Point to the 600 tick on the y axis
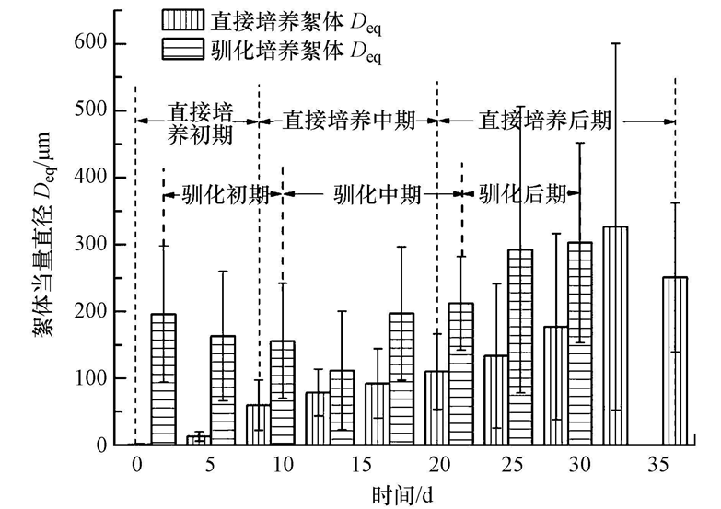117,43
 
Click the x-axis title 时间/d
406,494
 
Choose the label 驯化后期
521,195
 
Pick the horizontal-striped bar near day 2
163,379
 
